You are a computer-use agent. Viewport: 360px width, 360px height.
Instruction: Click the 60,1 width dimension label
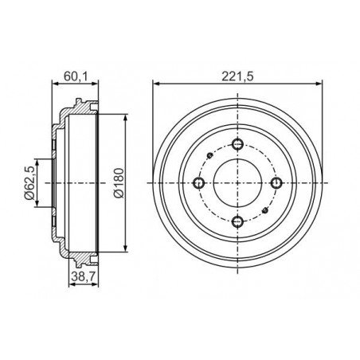76,76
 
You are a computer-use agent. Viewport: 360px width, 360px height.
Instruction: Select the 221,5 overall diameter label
237,76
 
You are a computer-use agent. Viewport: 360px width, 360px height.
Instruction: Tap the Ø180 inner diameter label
119,183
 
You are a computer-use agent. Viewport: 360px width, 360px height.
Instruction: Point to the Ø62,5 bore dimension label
29,182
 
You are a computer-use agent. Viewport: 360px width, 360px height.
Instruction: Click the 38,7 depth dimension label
83,277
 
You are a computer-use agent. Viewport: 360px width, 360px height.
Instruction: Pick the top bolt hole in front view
237,144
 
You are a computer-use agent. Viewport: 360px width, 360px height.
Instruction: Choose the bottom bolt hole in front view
237,221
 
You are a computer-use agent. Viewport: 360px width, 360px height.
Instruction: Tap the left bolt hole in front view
198,183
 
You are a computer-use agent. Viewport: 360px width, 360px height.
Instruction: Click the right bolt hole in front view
276,183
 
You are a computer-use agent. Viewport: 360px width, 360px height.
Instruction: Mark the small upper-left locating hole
210,155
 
